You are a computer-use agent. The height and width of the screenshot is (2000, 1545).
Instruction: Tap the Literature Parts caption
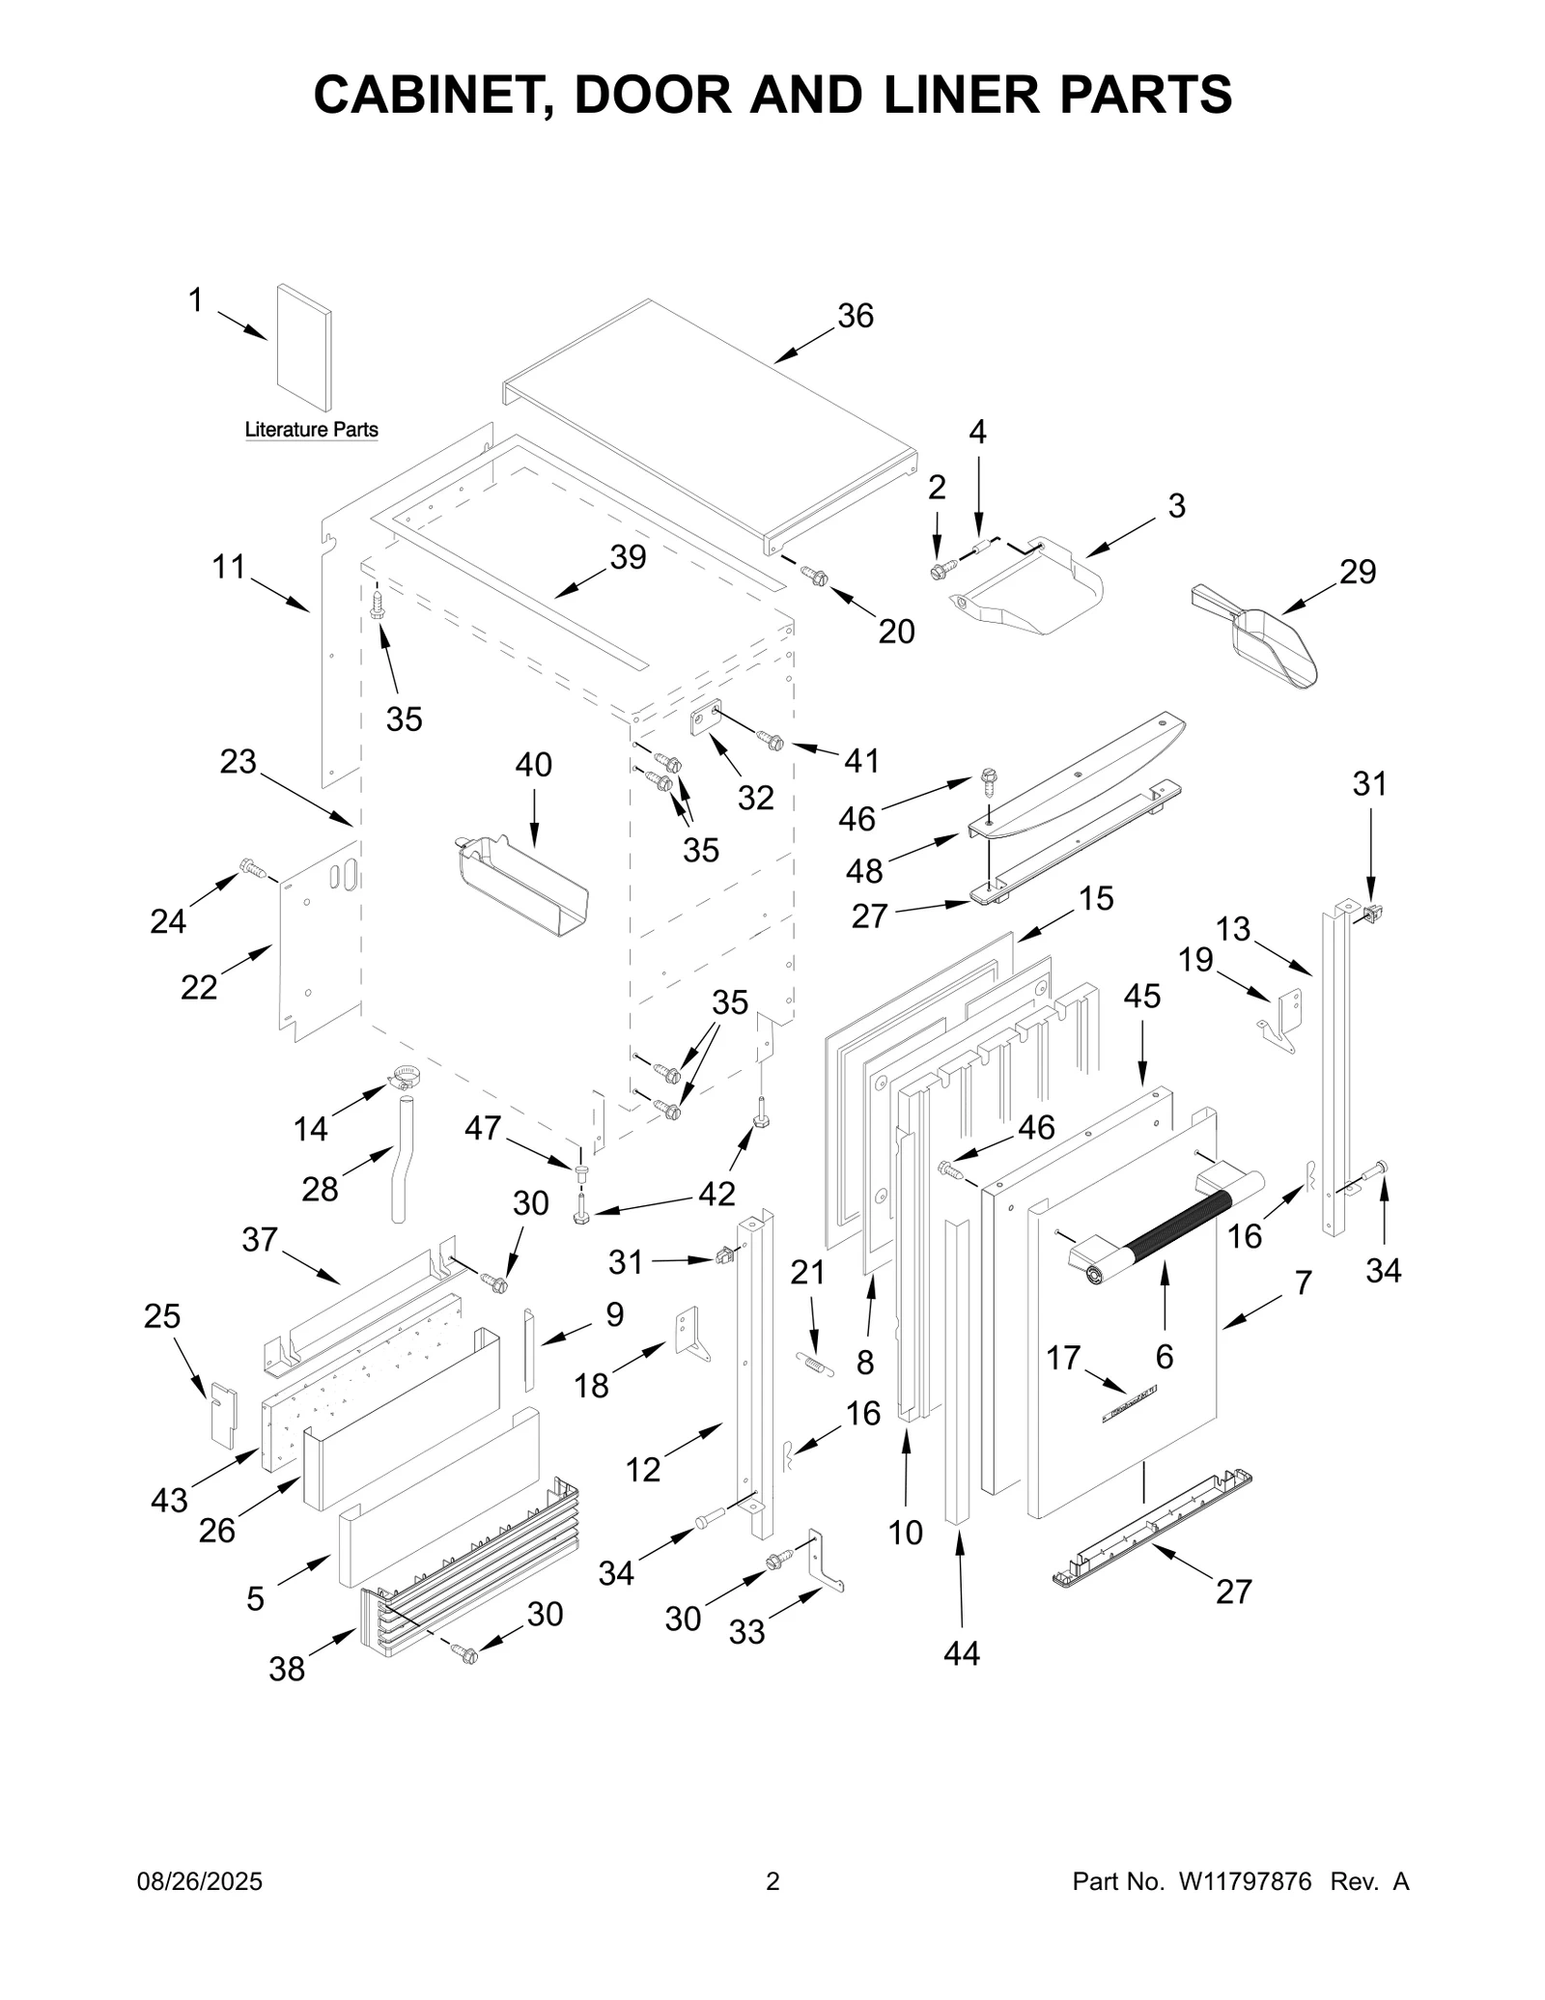[x=311, y=430]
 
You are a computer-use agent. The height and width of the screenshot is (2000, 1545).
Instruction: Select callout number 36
[x=855, y=316]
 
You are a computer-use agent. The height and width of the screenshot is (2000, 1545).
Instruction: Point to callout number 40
[x=533, y=765]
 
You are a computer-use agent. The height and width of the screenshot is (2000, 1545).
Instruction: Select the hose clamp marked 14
[x=408, y=1074]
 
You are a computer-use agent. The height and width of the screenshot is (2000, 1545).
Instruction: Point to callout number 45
[x=1142, y=996]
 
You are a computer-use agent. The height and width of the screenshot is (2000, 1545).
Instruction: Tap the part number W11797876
[x=1245, y=1881]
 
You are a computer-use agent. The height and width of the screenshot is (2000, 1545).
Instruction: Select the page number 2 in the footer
[x=772, y=1881]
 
